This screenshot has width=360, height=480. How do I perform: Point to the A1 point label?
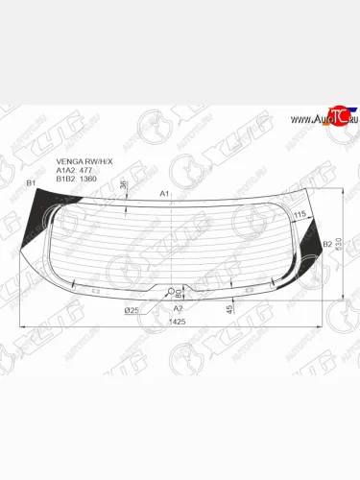click(164, 193)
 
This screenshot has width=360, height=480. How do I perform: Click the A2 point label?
click(177, 310)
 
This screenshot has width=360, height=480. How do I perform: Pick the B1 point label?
click(30, 182)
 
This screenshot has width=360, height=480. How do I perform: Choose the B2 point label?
click(327, 244)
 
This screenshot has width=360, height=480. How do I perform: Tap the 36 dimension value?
click(125, 185)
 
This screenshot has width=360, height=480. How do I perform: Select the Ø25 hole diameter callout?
click(132, 310)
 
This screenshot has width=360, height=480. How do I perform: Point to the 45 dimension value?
click(228, 308)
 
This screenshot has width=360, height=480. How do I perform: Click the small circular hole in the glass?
click(173, 291)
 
